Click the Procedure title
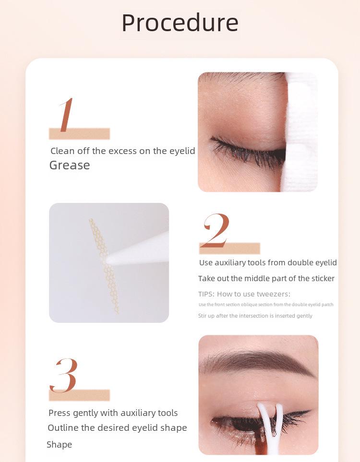180,23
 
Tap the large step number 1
66,115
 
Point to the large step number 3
64,375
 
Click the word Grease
70,165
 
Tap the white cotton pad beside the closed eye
300,134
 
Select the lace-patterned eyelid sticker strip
103,264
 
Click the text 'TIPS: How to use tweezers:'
244,294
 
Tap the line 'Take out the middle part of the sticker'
266,279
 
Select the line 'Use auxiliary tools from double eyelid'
268,262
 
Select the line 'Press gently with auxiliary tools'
113,413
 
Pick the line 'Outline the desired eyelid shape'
117,428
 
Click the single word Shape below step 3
59,445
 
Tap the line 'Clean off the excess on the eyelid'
123,151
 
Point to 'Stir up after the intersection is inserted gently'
255,316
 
